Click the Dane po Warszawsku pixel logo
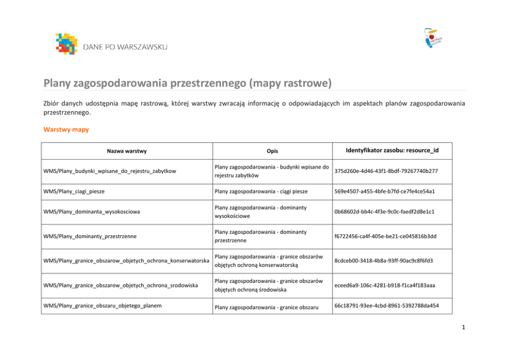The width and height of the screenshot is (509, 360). [x=66, y=44]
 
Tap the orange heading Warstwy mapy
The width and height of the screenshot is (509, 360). [x=66, y=129]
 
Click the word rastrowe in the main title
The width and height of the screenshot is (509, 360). [x=302, y=83]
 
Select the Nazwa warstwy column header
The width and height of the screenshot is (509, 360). [x=127, y=151]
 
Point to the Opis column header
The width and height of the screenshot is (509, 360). [x=272, y=151]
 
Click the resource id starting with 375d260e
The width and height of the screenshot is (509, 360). [x=386, y=171]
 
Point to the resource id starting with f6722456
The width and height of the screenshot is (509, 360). [x=385, y=236]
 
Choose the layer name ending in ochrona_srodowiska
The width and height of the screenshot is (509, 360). [x=121, y=285]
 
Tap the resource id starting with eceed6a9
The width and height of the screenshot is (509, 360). [x=384, y=285]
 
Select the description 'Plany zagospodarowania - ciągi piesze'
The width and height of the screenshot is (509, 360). [x=261, y=191]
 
